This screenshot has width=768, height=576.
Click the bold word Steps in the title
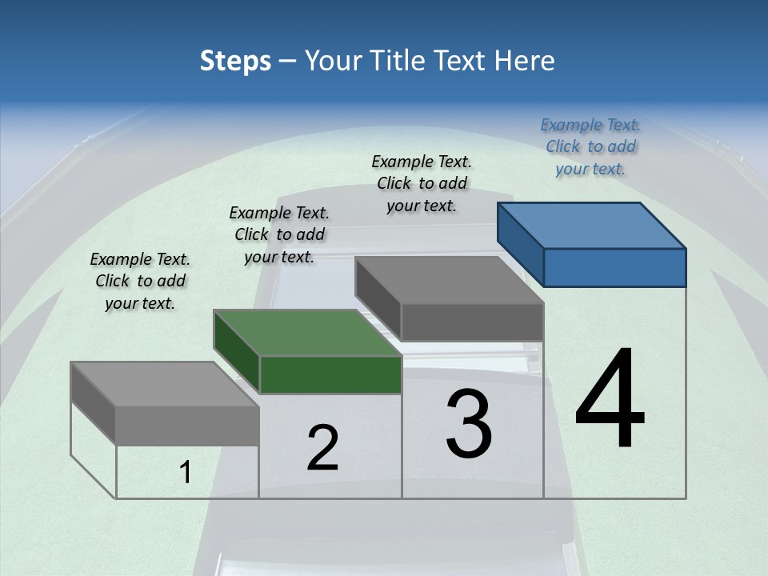point(235,61)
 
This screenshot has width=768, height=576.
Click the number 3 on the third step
point(469,423)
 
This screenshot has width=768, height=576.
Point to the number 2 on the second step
point(322,448)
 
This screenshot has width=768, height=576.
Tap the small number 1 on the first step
point(186,473)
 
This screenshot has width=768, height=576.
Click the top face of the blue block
point(592,225)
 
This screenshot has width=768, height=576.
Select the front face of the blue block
point(614,267)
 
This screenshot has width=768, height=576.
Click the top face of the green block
point(307,332)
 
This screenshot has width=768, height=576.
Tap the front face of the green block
point(330,374)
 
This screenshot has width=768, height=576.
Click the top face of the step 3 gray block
point(449,280)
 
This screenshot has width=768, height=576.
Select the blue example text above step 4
point(590,146)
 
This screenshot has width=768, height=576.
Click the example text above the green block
point(279,234)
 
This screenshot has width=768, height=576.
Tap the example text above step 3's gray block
point(422,183)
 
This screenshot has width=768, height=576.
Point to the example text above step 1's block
point(140,281)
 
